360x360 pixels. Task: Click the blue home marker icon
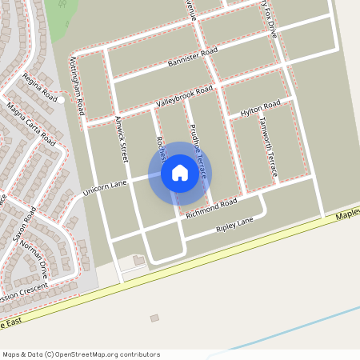(x=179, y=173)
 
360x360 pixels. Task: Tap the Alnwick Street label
(x=122, y=140)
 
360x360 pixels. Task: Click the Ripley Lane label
(x=234, y=225)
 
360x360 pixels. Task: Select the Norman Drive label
(x=35, y=258)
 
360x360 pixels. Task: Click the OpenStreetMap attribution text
(x=81, y=354)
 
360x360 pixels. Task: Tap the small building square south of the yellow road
(x=154, y=318)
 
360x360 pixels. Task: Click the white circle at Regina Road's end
(x=61, y=100)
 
